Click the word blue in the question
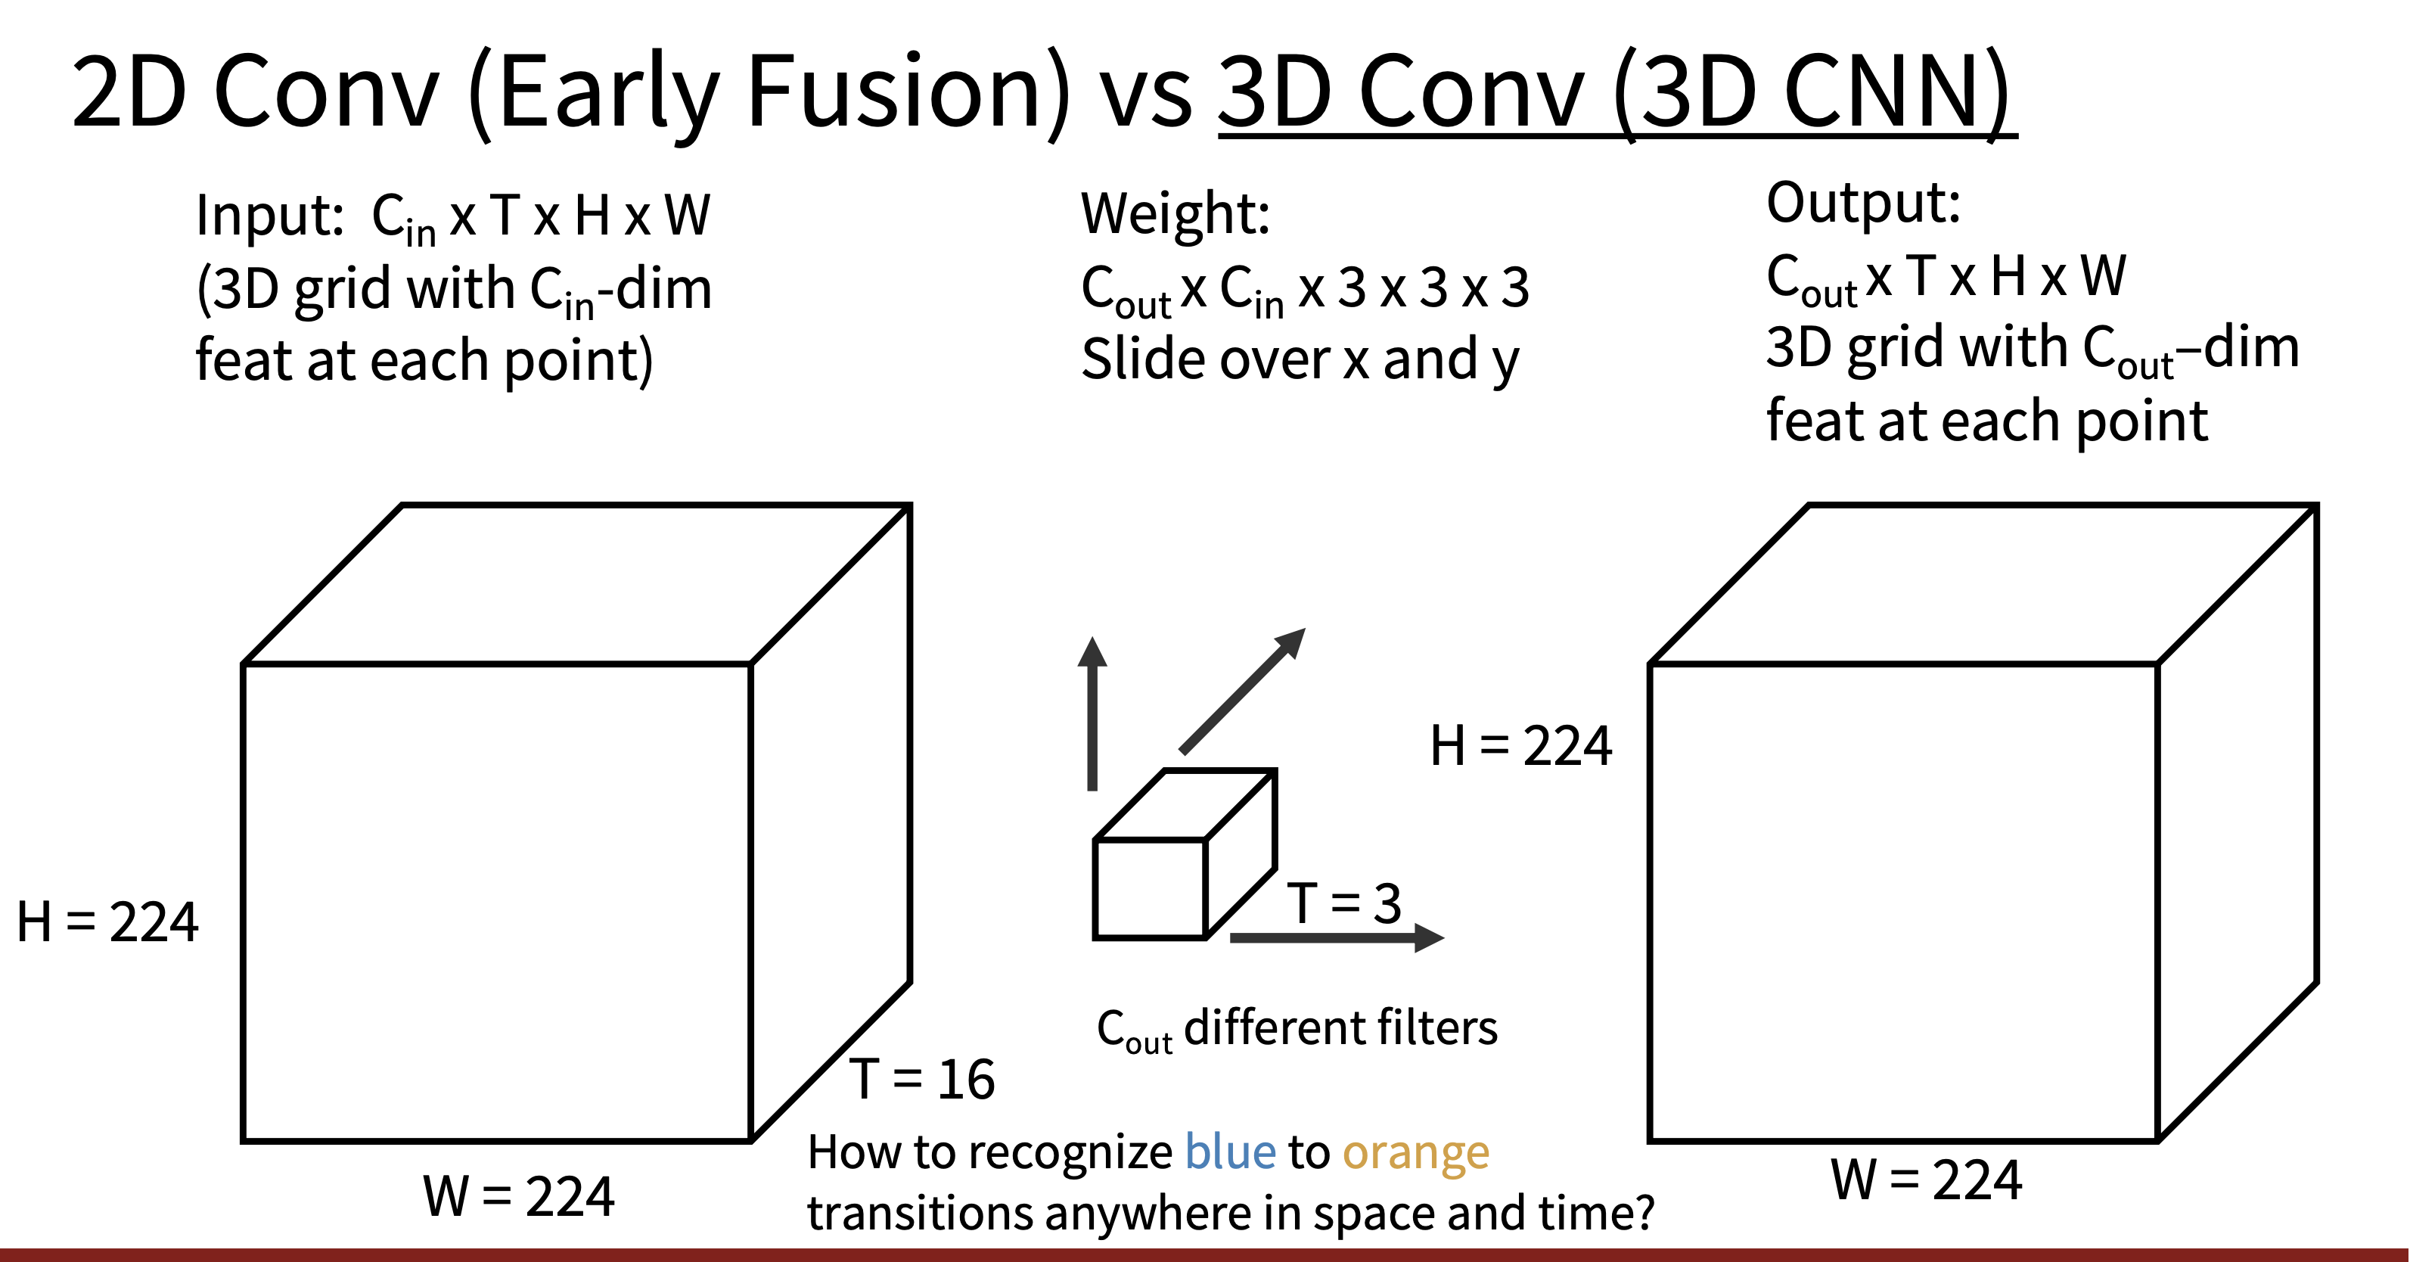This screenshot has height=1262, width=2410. tap(1229, 1152)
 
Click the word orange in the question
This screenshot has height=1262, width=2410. tap(1415, 1155)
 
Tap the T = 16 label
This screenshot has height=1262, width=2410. tap(922, 1079)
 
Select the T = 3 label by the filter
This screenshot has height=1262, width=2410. tap(1344, 903)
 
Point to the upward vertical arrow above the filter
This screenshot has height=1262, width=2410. tap(1092, 713)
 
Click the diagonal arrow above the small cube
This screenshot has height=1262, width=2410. tap(1242, 691)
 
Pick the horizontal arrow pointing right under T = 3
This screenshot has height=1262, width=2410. tap(1337, 937)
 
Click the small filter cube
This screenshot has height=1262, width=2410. tap(1185, 853)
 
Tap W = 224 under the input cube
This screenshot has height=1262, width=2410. tap(519, 1195)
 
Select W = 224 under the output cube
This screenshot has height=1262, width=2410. tap(1927, 1179)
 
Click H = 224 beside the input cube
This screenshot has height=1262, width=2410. tap(107, 922)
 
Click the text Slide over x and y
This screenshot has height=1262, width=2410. tap(1300, 360)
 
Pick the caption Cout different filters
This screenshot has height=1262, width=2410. tap(1297, 1029)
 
